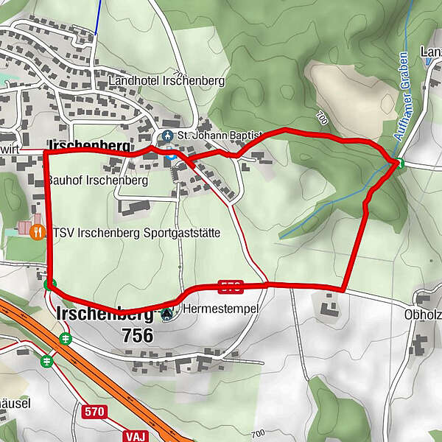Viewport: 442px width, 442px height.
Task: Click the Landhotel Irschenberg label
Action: click(x=166, y=80)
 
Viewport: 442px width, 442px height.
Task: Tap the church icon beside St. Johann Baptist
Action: click(x=167, y=136)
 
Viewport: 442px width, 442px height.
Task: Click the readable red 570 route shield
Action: click(x=96, y=411)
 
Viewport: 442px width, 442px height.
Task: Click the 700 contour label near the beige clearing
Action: click(x=320, y=116)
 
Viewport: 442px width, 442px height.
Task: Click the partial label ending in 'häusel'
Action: click(x=15, y=404)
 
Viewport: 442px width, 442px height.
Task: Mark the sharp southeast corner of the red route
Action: click(x=344, y=289)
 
